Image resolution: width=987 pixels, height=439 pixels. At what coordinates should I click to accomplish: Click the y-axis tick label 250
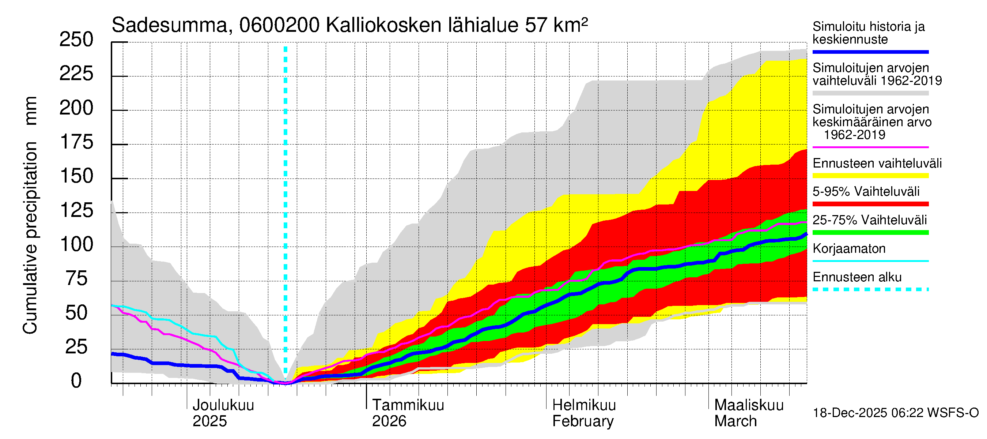pyautogui.click(x=76, y=40)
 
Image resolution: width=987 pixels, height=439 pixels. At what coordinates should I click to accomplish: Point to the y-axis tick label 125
pyautogui.click(x=76, y=210)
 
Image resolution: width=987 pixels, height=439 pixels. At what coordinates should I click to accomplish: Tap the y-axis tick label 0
pyautogui.click(x=76, y=381)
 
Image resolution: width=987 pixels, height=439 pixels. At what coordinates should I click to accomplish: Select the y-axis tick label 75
pyautogui.click(x=76, y=279)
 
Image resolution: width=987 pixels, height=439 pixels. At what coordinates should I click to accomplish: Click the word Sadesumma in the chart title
pyautogui.click(x=169, y=26)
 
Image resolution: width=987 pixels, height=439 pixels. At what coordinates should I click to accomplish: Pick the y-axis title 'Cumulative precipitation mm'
pyautogui.click(x=30, y=215)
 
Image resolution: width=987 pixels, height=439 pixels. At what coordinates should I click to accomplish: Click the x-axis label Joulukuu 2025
pyautogui.click(x=223, y=413)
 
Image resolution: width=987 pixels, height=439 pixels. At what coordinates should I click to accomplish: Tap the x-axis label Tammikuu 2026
pyautogui.click(x=408, y=413)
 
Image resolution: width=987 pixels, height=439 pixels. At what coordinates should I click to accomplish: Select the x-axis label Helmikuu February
pyautogui.click(x=583, y=413)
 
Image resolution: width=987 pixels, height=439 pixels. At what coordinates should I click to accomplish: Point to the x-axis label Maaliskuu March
pyautogui.click(x=749, y=413)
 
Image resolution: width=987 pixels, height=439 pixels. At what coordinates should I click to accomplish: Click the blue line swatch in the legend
pyautogui.click(x=870, y=52)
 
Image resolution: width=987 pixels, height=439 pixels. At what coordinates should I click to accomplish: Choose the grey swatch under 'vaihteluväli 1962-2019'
pyautogui.click(x=870, y=93)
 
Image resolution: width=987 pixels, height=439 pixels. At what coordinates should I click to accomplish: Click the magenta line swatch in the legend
pyautogui.click(x=870, y=147)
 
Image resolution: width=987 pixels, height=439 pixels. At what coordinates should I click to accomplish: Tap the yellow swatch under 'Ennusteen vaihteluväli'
pyautogui.click(x=870, y=176)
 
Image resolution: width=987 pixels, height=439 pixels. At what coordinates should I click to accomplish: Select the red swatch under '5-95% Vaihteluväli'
pyautogui.click(x=870, y=204)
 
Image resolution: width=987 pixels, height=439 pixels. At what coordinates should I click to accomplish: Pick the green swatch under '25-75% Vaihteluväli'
pyautogui.click(x=870, y=232)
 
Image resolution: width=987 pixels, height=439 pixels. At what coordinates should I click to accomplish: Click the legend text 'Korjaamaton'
pyautogui.click(x=849, y=249)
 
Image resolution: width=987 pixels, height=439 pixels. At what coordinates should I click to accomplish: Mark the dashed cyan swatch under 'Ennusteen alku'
pyautogui.click(x=870, y=289)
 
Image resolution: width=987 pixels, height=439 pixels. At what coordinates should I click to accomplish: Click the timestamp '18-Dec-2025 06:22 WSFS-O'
pyautogui.click(x=895, y=413)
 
